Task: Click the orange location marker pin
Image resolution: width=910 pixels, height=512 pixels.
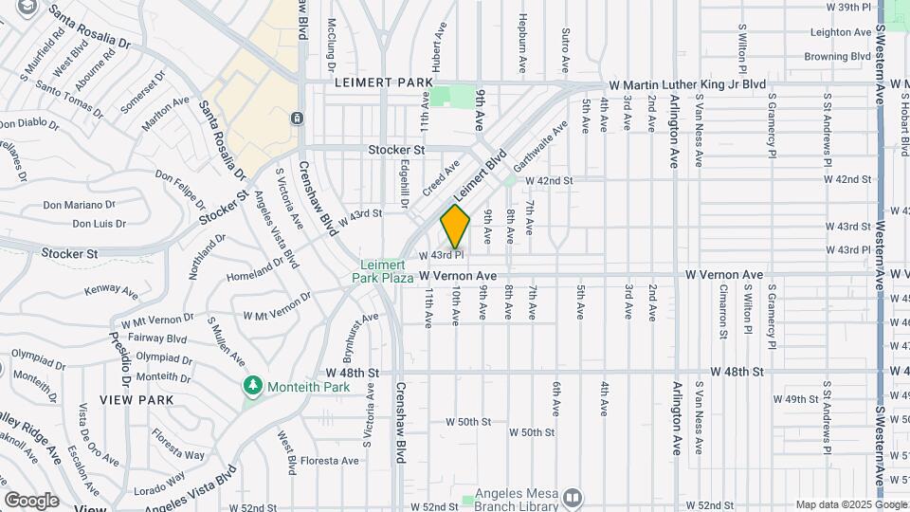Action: click(455, 225)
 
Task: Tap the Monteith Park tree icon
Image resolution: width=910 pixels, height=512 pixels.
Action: click(252, 385)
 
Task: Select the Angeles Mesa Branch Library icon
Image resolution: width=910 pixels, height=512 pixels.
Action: click(572, 498)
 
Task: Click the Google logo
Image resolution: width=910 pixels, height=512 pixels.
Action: click(32, 500)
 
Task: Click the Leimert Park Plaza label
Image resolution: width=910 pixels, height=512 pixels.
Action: click(387, 271)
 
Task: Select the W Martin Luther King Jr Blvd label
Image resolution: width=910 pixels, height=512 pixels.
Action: click(687, 84)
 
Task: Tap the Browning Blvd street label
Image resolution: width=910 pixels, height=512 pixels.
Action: click(838, 57)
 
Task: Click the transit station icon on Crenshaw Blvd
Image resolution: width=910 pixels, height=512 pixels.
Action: click(298, 119)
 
